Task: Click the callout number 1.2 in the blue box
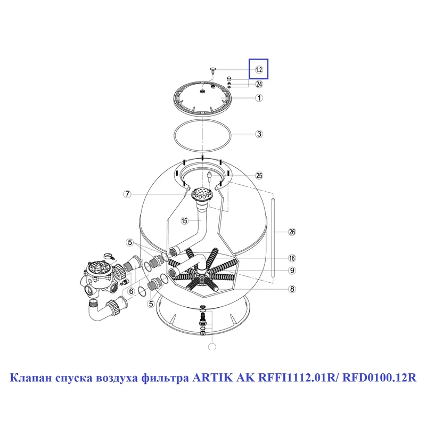pyautogui.click(x=259, y=70)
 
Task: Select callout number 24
pyautogui.click(x=259, y=84)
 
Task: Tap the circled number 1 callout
pyautogui.click(x=259, y=98)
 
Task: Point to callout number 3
pyautogui.click(x=259, y=134)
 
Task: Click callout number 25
pyautogui.click(x=259, y=176)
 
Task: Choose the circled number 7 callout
pyautogui.click(x=127, y=194)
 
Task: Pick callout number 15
pyautogui.click(x=184, y=220)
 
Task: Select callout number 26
pyautogui.click(x=292, y=232)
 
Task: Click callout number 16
pyautogui.click(x=292, y=258)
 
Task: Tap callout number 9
pyautogui.click(x=292, y=271)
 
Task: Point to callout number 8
pyautogui.click(x=292, y=289)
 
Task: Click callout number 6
pyautogui.click(x=132, y=291)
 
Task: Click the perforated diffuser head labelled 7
pyautogui.click(x=202, y=194)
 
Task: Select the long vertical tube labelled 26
pyautogui.click(x=273, y=238)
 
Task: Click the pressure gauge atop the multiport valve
pyautogui.click(x=108, y=256)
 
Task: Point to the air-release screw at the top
pyautogui.click(x=212, y=70)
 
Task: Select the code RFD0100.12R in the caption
pyautogui.click(x=379, y=378)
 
